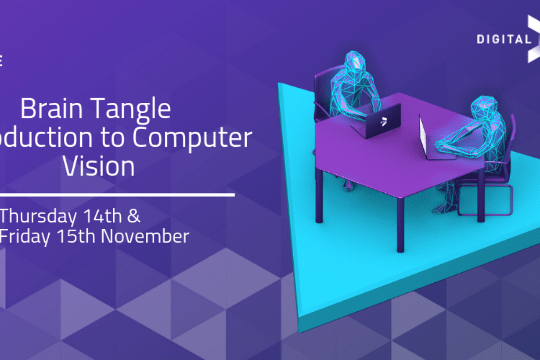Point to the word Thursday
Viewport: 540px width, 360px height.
pyautogui.click(x=39, y=216)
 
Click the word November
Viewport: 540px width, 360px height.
pyautogui.click(x=145, y=236)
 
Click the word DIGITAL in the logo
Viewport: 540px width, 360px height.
pyautogui.click(x=504, y=39)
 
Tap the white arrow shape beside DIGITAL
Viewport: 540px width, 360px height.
pyautogui.click(x=533, y=38)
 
